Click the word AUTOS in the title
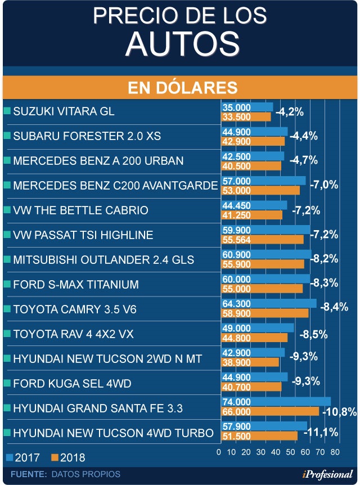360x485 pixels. (179, 42)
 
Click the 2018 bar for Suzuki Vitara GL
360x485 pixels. (246, 116)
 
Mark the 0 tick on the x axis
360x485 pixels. (219, 452)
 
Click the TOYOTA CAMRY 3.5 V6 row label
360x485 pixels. (75, 309)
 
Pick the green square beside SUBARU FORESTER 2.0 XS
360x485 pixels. (7, 136)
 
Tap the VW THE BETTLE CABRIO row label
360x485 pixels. (80, 210)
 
